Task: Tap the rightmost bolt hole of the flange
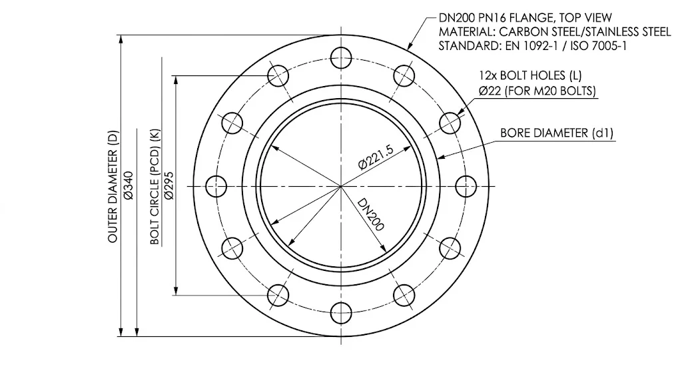pyautogui.click(x=464, y=185)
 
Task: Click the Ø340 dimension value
pyautogui.click(x=129, y=185)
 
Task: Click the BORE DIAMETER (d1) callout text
pyautogui.click(x=557, y=133)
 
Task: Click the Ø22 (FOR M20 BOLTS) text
pyautogui.click(x=537, y=91)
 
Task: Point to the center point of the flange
pyautogui.click(x=341, y=185)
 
